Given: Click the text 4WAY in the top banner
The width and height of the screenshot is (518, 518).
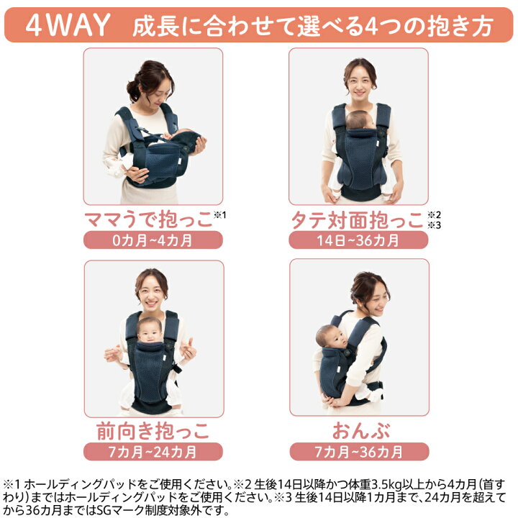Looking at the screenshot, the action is [68, 24].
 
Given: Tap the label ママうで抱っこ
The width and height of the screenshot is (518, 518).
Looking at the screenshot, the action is [148, 219].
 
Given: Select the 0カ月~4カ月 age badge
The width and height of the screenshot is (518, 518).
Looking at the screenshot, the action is [153, 240].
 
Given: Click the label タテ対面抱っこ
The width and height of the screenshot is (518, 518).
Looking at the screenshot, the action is [357, 220].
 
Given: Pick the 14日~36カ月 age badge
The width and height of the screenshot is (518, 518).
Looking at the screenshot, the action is [358, 240].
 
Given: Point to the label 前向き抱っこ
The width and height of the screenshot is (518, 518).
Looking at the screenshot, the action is [153, 431].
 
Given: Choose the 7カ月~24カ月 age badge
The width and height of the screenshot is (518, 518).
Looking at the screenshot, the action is [153, 452].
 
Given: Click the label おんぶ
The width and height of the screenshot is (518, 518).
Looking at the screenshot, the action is [361, 431].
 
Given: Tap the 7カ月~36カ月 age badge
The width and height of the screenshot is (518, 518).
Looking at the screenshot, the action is [359, 452].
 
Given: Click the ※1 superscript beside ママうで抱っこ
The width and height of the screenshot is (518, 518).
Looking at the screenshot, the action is [220, 215].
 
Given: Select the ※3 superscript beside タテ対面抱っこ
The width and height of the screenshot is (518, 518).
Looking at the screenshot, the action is [434, 225].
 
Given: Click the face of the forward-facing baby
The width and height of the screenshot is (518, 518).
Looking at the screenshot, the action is [150, 332].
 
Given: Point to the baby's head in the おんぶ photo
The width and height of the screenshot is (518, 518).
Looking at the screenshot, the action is [330, 336].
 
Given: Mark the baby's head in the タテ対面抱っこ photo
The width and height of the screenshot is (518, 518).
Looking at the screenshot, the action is [360, 120].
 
